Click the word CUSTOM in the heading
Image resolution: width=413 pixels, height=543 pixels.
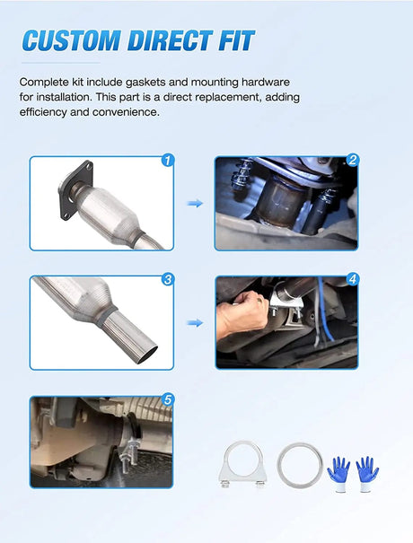[71, 40]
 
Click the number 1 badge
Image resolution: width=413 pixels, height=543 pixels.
[168, 161]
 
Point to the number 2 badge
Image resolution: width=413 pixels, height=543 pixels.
[353, 160]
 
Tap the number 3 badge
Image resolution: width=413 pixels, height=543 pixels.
[168, 279]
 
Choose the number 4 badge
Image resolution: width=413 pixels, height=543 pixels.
[353, 279]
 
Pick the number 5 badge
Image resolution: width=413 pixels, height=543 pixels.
[168, 400]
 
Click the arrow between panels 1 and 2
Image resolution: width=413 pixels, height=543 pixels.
[195, 203]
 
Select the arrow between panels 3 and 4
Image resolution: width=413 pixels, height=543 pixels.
[195, 323]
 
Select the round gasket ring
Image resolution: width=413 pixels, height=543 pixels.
[300, 466]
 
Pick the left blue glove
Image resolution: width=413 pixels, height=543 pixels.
[338, 473]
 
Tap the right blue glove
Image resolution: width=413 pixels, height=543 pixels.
[367, 473]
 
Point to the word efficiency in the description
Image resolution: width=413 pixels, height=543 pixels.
[43, 112]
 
